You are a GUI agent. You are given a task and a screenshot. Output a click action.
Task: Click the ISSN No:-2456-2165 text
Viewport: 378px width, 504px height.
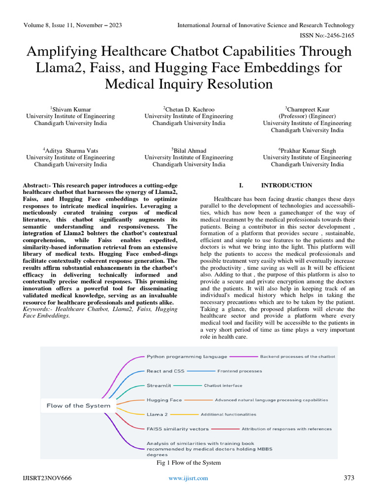(x=326, y=35)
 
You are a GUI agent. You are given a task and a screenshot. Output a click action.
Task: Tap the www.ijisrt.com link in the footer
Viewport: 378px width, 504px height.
(x=188, y=478)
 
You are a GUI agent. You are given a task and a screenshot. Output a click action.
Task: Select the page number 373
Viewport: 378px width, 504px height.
(x=348, y=478)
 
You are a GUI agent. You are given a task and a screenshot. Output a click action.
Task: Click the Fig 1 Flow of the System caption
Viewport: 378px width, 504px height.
(x=189, y=463)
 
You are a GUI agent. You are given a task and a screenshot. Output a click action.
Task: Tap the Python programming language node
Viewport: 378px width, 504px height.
(x=187, y=356)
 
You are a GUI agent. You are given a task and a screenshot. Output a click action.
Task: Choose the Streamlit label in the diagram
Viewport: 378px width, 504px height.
(x=158, y=385)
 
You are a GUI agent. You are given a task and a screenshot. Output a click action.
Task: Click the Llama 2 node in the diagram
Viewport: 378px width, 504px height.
(x=157, y=414)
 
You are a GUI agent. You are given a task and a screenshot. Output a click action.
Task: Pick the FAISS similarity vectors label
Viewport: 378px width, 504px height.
(x=177, y=429)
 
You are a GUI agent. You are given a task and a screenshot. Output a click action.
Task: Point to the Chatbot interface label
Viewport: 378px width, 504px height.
(x=223, y=385)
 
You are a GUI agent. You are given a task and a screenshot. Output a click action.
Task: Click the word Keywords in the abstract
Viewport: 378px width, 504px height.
(x=38, y=309)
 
